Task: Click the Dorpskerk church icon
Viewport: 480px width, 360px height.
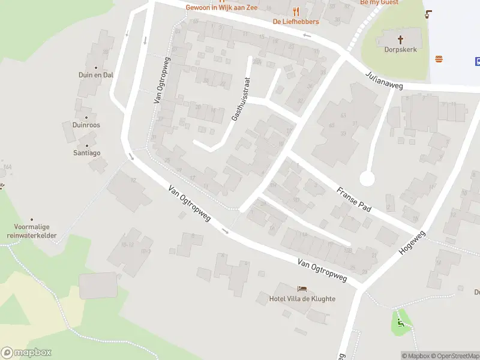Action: point(400,39)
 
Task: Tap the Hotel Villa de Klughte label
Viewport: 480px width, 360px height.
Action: point(302,299)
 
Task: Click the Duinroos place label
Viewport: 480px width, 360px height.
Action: point(86,125)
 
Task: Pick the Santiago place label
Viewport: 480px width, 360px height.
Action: point(87,153)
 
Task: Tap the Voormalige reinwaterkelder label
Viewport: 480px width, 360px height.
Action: point(32,231)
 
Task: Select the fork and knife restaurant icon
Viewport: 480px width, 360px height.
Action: point(295,11)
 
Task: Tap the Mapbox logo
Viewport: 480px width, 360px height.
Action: point(26,353)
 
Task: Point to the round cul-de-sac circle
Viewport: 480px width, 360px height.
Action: point(367,178)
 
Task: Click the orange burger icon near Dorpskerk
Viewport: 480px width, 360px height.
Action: point(439,59)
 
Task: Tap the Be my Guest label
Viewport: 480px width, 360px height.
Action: point(379,2)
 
